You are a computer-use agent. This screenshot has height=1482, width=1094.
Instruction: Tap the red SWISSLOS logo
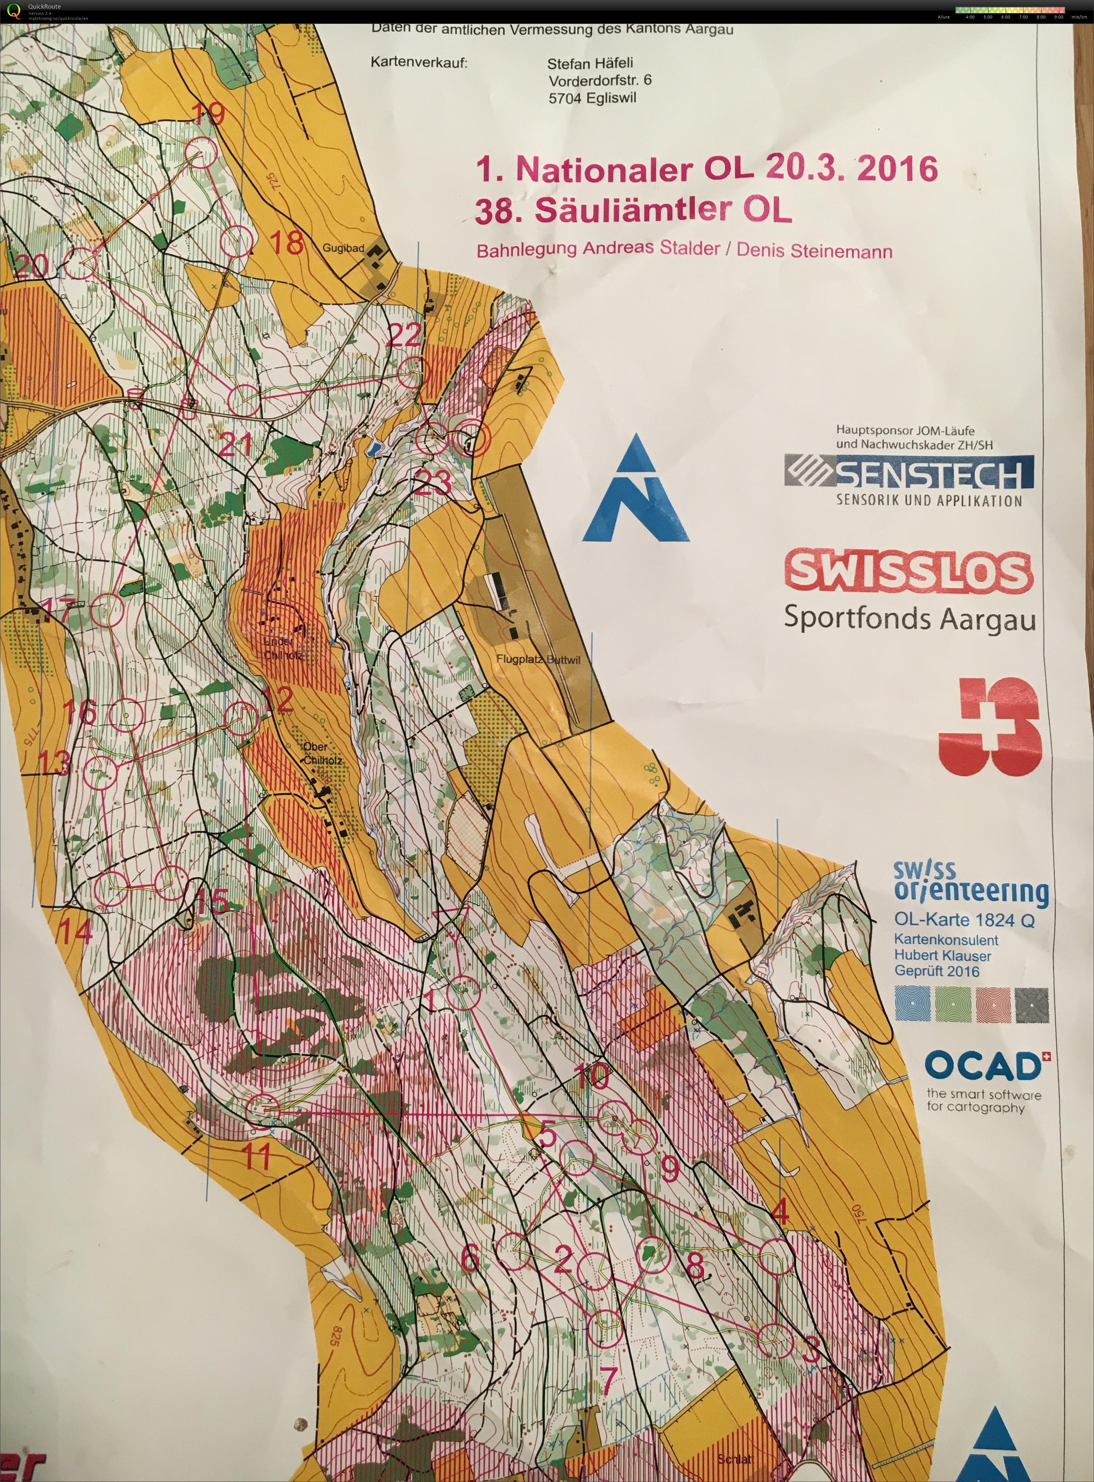[909, 571]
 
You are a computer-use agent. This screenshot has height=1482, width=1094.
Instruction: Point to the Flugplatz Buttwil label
[537, 659]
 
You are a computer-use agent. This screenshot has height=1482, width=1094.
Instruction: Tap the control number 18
[287, 243]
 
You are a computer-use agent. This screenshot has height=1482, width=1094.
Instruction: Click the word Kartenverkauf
[419, 63]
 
